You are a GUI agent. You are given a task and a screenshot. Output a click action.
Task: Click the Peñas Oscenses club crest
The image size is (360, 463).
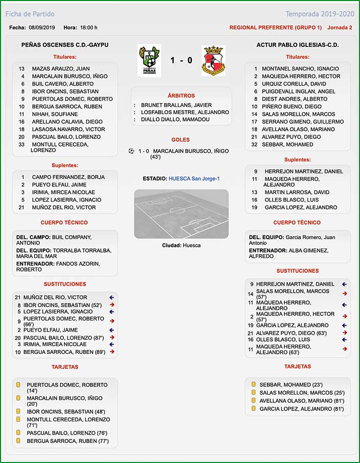[x=149, y=60]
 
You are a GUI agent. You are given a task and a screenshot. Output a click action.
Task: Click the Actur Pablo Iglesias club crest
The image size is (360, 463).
[x=213, y=60]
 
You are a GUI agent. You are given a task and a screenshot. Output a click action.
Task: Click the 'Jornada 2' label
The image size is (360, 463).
[x=339, y=27]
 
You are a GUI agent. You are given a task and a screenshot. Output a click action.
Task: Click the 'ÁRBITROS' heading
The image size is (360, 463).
[x=181, y=96]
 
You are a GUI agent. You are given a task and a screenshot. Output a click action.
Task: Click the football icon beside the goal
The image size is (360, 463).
[x=131, y=151]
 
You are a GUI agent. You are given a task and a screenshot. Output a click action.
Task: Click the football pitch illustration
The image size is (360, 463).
[x=181, y=213]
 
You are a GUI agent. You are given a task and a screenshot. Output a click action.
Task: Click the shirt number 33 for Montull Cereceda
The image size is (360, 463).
[x=22, y=145]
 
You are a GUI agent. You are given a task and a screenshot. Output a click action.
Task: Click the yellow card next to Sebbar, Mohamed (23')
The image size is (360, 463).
[x=254, y=384]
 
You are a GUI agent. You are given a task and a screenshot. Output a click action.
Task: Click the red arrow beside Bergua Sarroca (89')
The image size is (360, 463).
[x=111, y=352]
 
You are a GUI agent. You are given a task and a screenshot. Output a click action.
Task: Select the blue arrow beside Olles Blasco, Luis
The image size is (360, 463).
[x=345, y=340]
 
